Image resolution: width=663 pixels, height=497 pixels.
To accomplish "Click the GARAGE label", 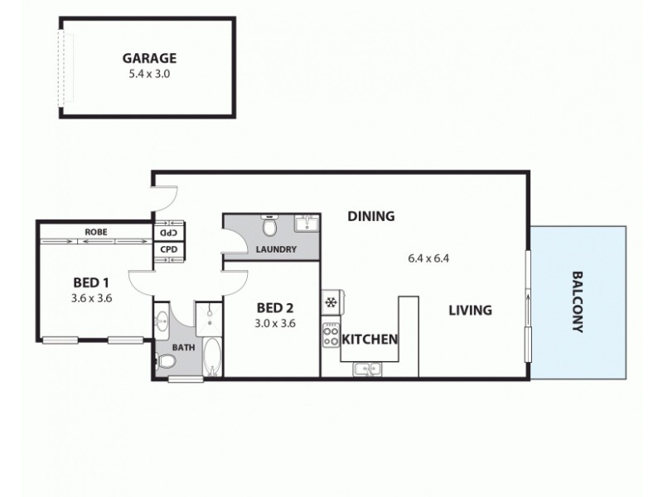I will [150, 58].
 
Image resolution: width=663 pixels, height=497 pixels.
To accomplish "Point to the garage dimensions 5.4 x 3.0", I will [150, 74].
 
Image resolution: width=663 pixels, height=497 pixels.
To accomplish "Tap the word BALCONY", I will [578, 302].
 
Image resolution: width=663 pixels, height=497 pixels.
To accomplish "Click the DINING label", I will [370, 216].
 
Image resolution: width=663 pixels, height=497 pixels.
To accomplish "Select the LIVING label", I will [470, 311].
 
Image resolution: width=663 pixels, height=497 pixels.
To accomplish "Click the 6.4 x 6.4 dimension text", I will [428, 258].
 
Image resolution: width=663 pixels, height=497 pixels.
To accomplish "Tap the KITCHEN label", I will [370, 339].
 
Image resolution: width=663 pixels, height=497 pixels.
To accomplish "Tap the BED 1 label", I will [91, 281].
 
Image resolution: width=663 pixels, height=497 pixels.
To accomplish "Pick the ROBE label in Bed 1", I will [95, 233].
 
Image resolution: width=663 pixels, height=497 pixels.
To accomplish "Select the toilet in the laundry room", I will [269, 226].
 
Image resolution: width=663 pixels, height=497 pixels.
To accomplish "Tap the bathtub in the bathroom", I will [212, 358].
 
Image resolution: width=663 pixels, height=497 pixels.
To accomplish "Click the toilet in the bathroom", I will [164, 362].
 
